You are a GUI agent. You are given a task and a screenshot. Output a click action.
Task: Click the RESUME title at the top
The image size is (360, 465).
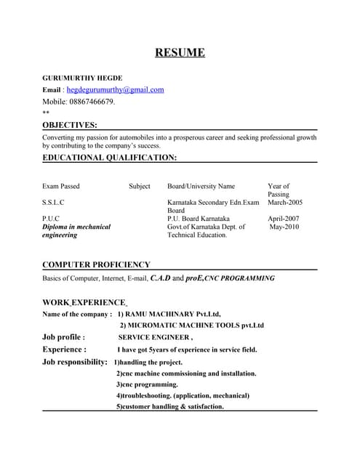tap(180, 52)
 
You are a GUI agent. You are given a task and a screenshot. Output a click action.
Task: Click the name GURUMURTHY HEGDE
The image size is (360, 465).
tap(82, 78)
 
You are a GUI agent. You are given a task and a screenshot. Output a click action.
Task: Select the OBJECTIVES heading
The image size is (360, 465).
tap(69, 125)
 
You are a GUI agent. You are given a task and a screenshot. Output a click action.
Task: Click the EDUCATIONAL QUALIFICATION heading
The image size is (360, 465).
tap(109, 157)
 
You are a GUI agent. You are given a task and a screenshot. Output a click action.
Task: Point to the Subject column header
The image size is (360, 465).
tap(140, 187)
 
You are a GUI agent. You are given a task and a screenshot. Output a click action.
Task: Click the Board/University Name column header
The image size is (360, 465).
tap(201, 187)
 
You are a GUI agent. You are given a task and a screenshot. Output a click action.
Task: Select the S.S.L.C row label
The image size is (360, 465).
tap(53, 203)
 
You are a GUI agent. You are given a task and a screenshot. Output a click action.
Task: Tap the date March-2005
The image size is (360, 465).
tap(285, 203)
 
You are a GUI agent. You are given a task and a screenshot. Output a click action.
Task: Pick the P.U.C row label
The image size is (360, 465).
tap(51, 219)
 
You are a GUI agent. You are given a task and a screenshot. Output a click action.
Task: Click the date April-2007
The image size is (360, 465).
tap(283, 219)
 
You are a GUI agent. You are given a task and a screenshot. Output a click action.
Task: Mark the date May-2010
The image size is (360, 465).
tap(284, 227)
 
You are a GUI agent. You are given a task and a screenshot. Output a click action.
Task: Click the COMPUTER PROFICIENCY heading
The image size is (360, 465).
tap(96, 265)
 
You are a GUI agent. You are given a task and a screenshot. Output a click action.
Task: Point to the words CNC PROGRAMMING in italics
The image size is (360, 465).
tap(240, 278)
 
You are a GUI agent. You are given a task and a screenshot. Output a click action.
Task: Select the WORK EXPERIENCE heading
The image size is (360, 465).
tap(84, 302)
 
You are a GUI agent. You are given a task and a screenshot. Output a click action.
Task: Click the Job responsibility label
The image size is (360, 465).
tap(75, 362)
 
